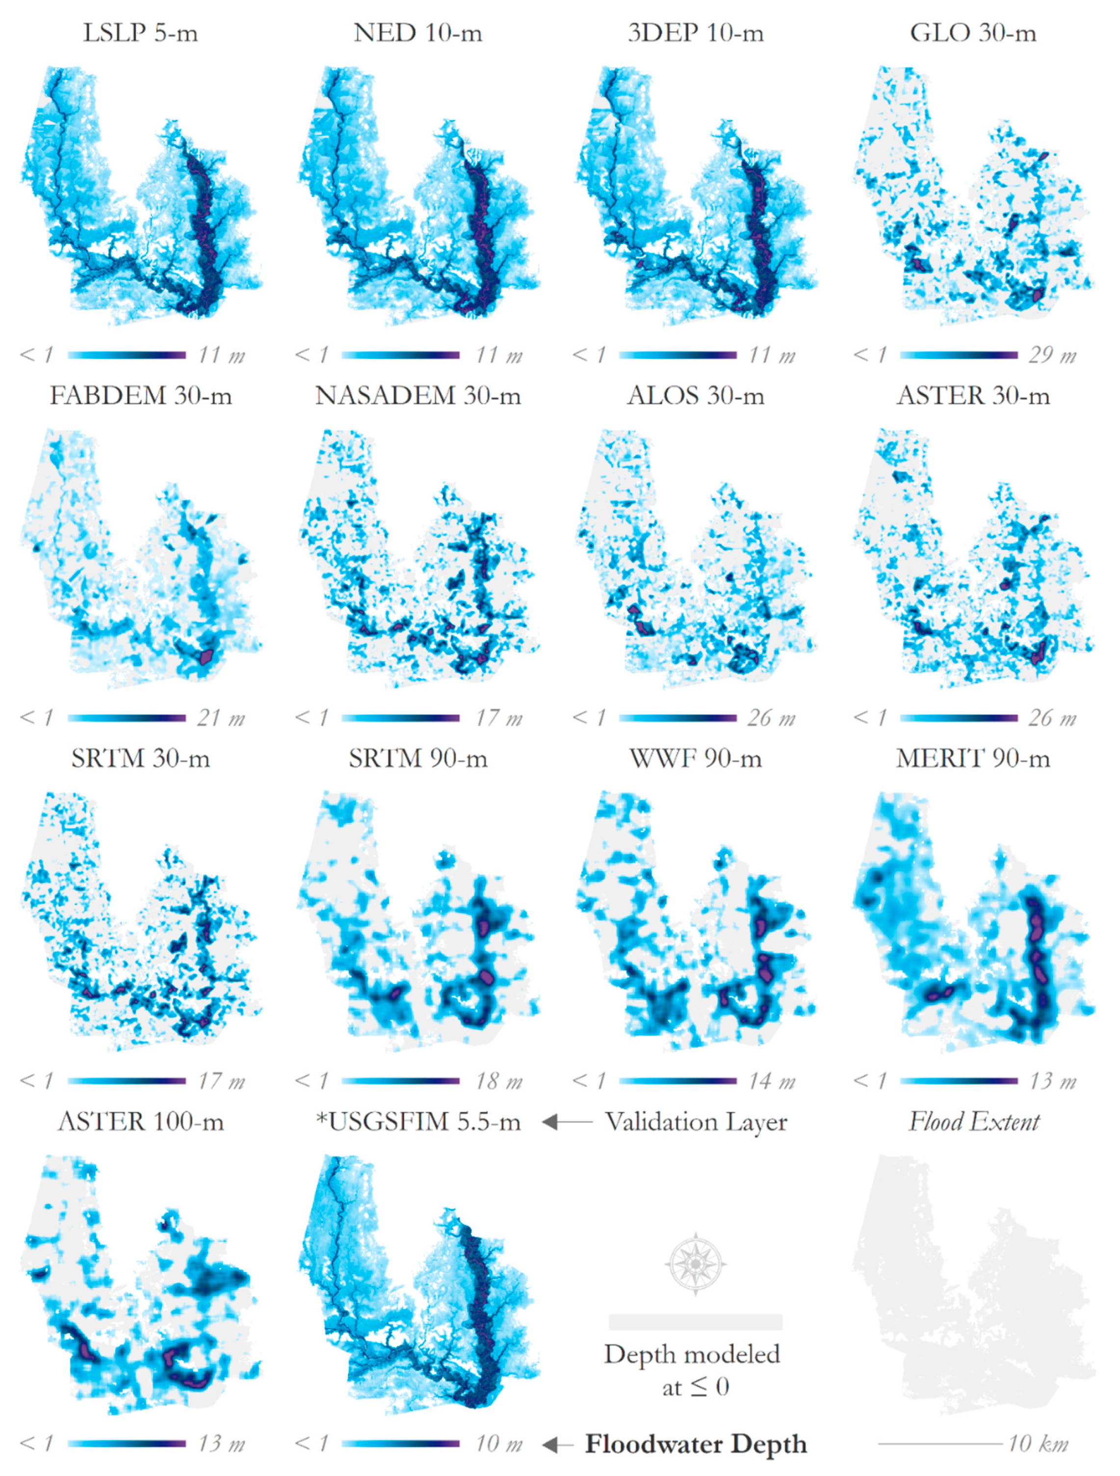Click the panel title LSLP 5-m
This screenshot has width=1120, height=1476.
[x=140, y=33]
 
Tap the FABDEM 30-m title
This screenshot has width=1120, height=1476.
[x=141, y=396]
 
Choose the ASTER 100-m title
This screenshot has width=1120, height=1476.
[x=141, y=1122]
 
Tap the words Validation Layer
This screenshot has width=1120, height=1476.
[x=696, y=1122]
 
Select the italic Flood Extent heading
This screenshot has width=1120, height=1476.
[x=973, y=1122]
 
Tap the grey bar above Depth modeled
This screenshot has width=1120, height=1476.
[x=695, y=1322]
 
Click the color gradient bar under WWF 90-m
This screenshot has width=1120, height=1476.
[x=677, y=1081]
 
